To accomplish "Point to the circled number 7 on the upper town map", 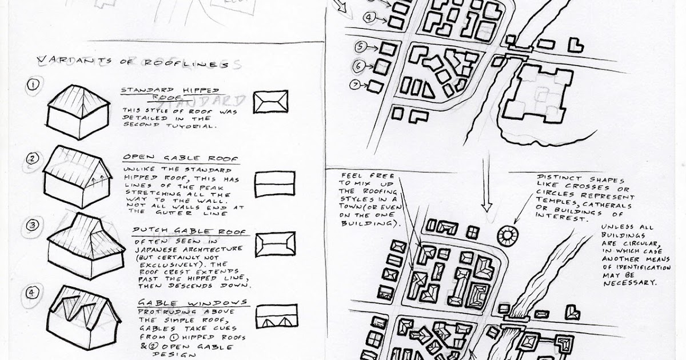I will click(356, 85).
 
